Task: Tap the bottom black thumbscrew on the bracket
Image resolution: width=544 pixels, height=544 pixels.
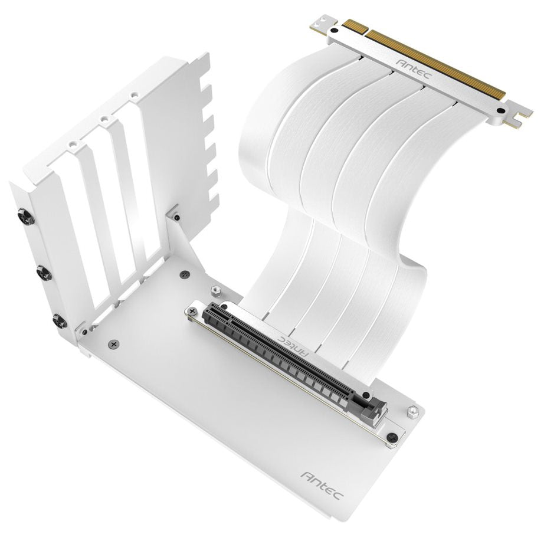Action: pyautogui.click(x=59, y=320)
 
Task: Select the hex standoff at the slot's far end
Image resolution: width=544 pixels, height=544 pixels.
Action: pyautogui.click(x=215, y=291)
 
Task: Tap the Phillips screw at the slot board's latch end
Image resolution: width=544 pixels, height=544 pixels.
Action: pyautogui.click(x=392, y=437)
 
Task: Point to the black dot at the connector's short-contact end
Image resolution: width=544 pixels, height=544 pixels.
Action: pyautogui.click(x=335, y=29)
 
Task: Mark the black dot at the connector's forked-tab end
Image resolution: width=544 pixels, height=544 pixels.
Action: pyautogui.click(x=501, y=110)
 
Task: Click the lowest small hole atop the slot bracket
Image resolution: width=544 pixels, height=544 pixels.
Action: pyautogui.click(x=73, y=144)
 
